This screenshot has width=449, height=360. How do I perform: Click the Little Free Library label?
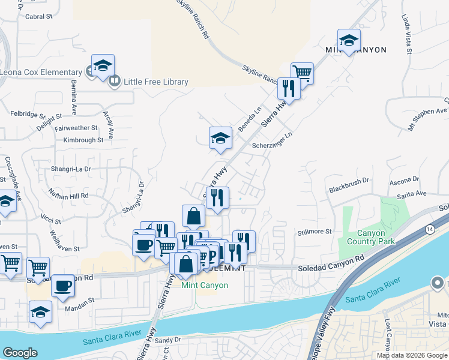click(156, 82)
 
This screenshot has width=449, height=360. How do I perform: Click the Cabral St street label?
click(38, 17)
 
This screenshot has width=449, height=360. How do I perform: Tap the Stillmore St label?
click(315, 232)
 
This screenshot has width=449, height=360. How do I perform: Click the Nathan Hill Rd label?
click(69, 196)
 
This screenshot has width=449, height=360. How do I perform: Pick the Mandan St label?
click(83, 300)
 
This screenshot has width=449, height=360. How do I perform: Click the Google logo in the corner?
click(20, 353)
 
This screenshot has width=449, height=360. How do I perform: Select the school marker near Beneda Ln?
click(220, 137)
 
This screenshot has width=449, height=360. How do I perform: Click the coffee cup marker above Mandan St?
click(62, 286)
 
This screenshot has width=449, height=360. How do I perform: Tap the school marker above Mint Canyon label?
click(349, 40)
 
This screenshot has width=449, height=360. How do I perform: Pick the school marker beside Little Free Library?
click(103, 65)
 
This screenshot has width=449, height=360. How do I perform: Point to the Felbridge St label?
click(28, 114)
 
